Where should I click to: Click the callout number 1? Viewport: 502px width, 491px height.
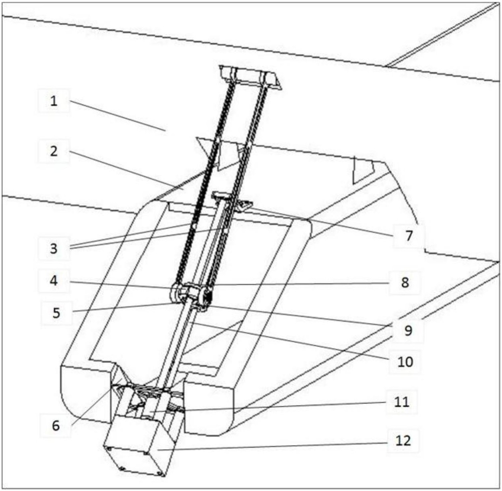pyautogui.click(x=54, y=101)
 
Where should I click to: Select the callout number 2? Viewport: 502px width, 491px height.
pyautogui.click(x=54, y=151)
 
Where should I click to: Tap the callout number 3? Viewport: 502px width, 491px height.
pyautogui.click(x=54, y=249)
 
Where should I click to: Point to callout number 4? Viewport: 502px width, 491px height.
pyautogui.click(x=54, y=281)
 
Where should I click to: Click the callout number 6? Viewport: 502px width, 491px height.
pyautogui.click(x=56, y=425)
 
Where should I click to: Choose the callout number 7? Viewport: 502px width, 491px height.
pyautogui.click(x=408, y=235)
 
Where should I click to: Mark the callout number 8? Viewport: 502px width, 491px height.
pyautogui.click(x=405, y=282)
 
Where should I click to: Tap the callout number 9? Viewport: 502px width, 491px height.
pyautogui.click(x=408, y=331)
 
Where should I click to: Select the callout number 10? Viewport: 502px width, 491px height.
pyautogui.click(x=405, y=362)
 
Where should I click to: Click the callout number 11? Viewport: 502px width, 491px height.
pyautogui.click(x=402, y=402)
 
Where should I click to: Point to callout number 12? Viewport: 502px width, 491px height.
pyautogui.click(x=403, y=440)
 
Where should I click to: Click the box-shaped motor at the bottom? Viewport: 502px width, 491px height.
pyautogui.click(x=140, y=445)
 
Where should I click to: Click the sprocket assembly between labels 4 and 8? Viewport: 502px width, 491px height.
pyautogui.click(x=191, y=295)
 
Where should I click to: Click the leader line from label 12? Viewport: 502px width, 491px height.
pyautogui.click(x=272, y=445)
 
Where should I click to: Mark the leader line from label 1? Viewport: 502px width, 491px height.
pyautogui.click(x=116, y=115)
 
